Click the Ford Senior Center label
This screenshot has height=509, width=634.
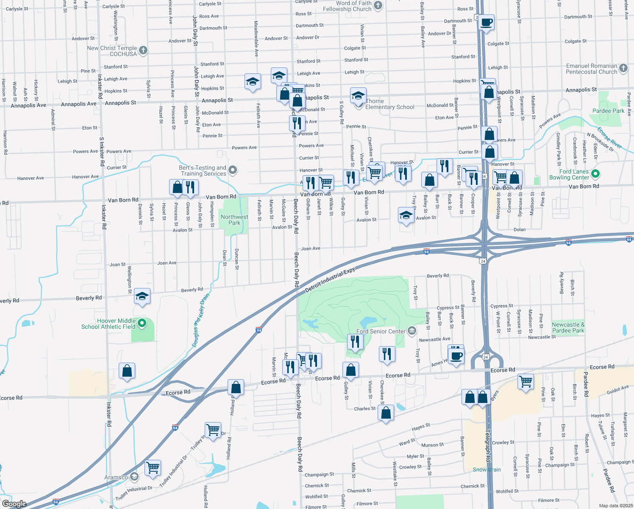(x=381, y=331)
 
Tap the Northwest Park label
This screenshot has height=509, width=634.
(x=234, y=220)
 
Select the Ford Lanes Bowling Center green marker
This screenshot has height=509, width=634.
(x=595, y=173)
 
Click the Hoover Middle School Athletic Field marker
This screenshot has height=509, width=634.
(x=142, y=324)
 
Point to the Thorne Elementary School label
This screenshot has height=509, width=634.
(x=390, y=104)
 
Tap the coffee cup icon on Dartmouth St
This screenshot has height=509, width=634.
(x=487, y=22)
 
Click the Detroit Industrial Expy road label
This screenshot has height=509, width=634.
(x=330, y=280)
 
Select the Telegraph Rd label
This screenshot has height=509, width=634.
(x=488, y=445)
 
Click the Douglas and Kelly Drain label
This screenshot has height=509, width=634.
(x=201, y=320)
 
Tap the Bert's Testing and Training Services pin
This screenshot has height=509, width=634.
(x=232, y=171)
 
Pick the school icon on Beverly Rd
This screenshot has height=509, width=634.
(x=142, y=296)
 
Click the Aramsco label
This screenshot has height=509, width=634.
(x=116, y=477)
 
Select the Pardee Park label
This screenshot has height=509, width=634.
(x=608, y=111)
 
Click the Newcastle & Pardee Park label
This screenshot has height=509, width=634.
(x=568, y=327)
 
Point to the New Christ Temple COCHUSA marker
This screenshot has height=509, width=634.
(x=143, y=50)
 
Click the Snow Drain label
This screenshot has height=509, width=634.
(x=487, y=470)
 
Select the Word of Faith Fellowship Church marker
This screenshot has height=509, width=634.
(x=378, y=6)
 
